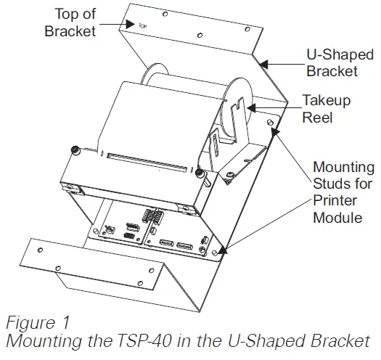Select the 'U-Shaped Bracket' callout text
pyautogui.click(x=332, y=62)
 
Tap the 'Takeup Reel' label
pyautogui.click(x=327, y=108)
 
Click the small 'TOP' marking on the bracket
pyautogui.click(x=142, y=23)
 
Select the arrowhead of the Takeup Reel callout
pyautogui.click(x=250, y=108)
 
